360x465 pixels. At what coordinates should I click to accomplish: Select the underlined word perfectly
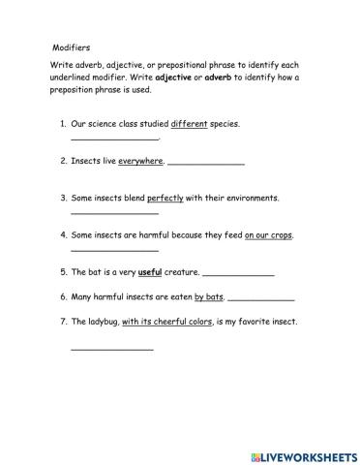pyautogui.click(x=165, y=198)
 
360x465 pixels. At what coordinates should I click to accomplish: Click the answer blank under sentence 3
pyautogui.click(x=114, y=213)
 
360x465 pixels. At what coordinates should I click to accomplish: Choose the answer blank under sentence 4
pyautogui.click(x=114, y=250)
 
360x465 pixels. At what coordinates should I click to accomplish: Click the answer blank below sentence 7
pyautogui.click(x=111, y=348)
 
